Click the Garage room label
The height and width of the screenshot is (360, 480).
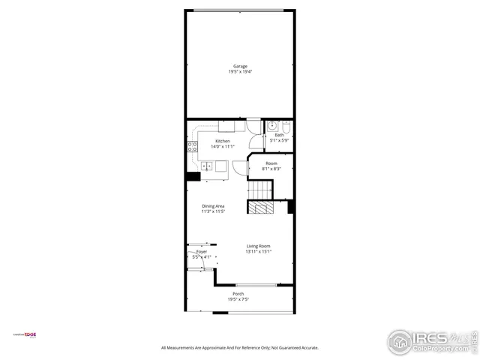(239, 66)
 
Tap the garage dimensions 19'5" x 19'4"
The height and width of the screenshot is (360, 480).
(239, 72)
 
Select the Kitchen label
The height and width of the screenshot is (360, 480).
(223, 141)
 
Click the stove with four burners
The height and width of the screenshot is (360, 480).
(192, 145)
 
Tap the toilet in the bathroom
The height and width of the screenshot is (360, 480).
(275, 126)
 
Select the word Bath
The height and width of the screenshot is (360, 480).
(279, 135)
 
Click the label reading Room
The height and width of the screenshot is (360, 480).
(271, 163)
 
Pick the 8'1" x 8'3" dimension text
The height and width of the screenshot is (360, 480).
(271, 169)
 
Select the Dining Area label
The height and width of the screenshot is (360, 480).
(213, 206)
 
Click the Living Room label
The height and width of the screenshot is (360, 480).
(259, 246)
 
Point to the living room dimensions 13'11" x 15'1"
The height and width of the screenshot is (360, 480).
(259, 252)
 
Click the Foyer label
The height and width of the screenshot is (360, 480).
(201, 252)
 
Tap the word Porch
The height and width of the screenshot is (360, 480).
(238, 293)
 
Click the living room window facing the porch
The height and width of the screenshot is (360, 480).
(255, 284)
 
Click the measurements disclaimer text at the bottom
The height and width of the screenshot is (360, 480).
(240, 348)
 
